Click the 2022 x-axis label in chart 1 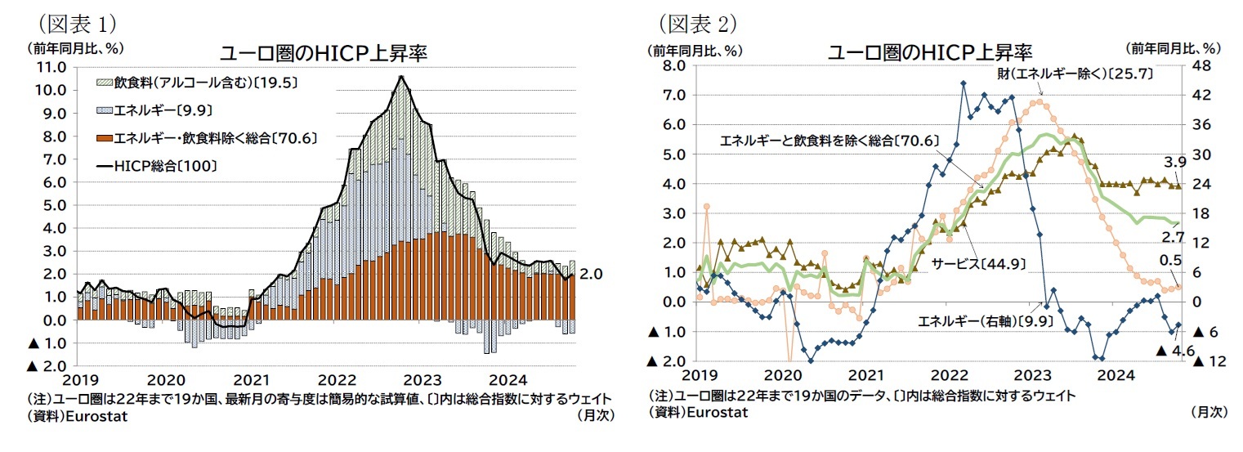click(x=336, y=379)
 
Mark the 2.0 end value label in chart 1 click(x=590, y=275)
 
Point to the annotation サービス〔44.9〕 click(x=978, y=263)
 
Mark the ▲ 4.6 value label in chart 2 click(x=1177, y=351)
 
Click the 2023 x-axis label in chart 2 click(x=1032, y=374)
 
